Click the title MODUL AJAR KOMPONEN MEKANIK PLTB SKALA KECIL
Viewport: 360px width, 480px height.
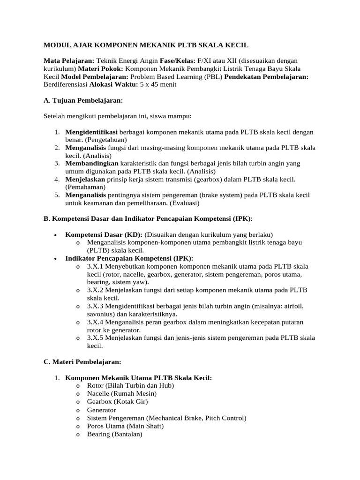tap(146, 45)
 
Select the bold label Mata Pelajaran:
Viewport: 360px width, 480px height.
tap(69, 61)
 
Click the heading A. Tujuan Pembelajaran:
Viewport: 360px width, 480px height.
tap(83, 100)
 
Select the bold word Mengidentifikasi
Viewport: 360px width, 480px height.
tap(91, 132)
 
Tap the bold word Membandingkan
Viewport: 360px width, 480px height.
tap(92, 163)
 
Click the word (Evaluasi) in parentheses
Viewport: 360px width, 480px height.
tap(184, 202)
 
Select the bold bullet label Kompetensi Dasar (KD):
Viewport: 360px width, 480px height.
tap(104, 234)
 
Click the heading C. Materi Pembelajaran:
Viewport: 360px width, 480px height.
tap(82, 362)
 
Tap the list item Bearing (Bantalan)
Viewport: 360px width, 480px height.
tap(114, 434)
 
